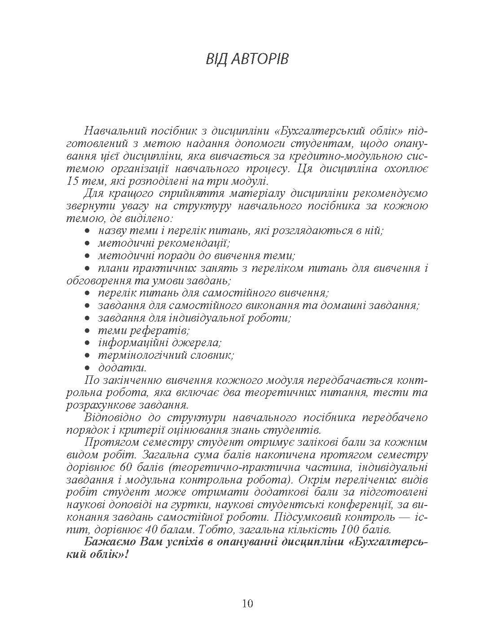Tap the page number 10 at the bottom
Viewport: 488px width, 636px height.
click(248, 603)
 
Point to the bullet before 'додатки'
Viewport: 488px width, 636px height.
click(88, 368)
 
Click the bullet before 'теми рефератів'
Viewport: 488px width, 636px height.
click(88, 331)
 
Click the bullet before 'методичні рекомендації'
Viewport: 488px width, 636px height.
click(88, 244)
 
